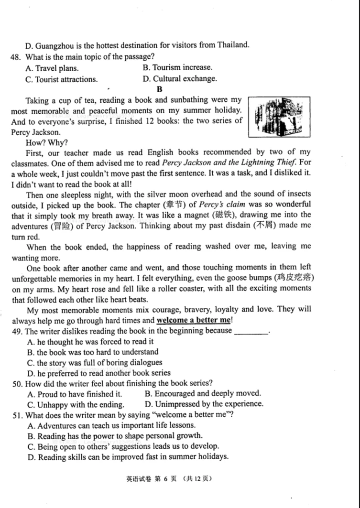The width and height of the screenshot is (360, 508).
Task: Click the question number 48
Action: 15,57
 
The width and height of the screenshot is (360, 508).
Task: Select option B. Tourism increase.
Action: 177,68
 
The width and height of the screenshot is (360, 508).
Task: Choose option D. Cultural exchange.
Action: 179,79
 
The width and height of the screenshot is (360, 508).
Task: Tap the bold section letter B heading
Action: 159,89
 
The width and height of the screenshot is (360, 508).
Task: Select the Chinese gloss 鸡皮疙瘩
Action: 295,278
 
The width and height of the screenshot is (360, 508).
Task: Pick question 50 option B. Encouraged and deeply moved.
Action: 202,394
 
